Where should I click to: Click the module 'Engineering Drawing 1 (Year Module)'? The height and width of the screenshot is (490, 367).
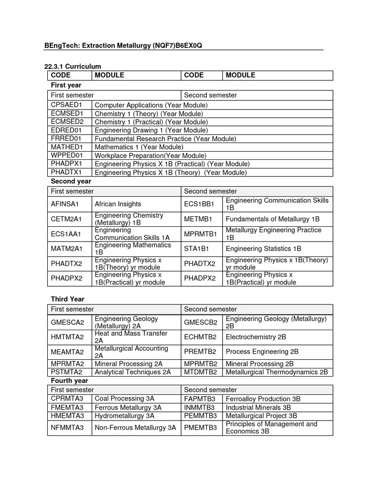click(x=151, y=130)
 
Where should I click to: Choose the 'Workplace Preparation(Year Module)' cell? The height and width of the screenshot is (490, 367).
click(x=151, y=156)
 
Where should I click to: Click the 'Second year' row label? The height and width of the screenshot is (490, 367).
click(x=71, y=181)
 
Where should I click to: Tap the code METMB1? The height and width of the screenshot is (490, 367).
click(x=198, y=219)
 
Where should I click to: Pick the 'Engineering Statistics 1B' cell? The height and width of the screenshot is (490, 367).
click(x=263, y=249)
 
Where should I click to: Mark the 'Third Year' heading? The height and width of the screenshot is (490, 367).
click(x=67, y=299)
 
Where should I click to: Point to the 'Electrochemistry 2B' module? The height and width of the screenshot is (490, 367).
click(x=256, y=337)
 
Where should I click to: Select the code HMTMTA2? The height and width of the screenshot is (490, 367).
click(x=67, y=337)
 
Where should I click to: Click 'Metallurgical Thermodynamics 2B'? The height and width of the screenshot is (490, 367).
click(x=277, y=372)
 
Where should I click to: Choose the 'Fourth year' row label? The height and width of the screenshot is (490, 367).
click(x=69, y=380)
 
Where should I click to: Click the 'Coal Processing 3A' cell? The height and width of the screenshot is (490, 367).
click(x=124, y=399)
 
